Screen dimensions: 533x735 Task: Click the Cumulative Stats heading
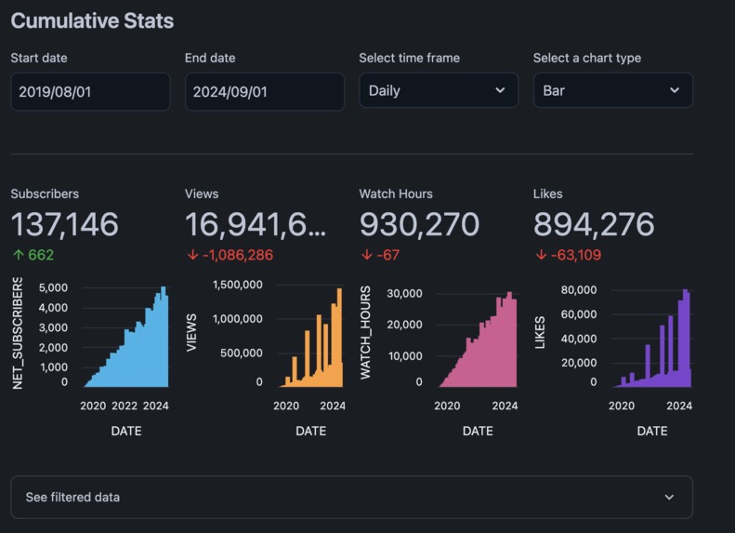(x=92, y=20)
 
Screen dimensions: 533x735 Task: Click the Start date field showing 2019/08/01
(x=90, y=91)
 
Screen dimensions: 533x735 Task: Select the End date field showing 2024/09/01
(x=264, y=91)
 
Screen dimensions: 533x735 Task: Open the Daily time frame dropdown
(x=438, y=91)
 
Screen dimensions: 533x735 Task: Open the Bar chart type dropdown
(x=612, y=91)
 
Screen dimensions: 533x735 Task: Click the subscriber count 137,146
(x=65, y=224)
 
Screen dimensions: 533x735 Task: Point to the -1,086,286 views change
(x=230, y=255)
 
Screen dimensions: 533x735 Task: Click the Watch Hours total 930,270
(x=419, y=224)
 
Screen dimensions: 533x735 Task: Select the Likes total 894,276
(x=594, y=224)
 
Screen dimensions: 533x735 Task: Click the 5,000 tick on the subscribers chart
(x=53, y=287)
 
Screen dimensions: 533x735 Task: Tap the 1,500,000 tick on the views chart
(x=237, y=285)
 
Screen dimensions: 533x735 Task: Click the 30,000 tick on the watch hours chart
(x=404, y=294)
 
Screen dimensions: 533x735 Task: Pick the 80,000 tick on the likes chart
(x=579, y=290)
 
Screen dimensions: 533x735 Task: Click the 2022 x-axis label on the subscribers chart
(x=125, y=406)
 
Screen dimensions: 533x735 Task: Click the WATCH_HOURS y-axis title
(x=365, y=333)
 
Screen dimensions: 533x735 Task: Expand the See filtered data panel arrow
(x=669, y=498)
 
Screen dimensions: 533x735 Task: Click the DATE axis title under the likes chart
(x=651, y=431)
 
